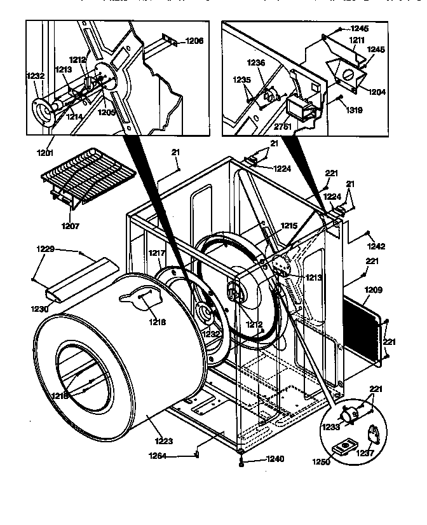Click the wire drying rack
click(88, 178)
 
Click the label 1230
click(40, 309)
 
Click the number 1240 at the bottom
click(274, 459)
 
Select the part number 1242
click(376, 246)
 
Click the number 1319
click(355, 109)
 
